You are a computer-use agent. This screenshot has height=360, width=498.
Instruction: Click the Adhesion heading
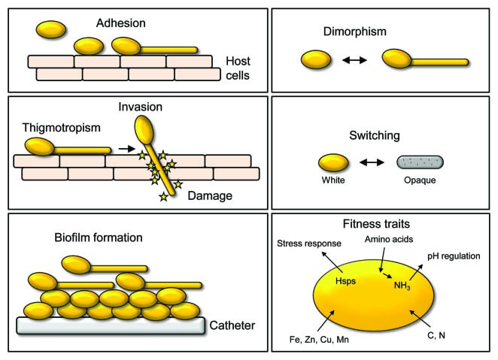121,23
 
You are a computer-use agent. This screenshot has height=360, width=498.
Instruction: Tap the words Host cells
238,68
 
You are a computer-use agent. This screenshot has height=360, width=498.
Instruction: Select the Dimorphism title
355,32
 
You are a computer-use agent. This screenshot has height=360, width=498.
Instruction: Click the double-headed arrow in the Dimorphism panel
354,59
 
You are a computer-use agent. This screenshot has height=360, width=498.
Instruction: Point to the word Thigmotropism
61,128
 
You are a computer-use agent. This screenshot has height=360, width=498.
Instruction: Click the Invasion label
141,107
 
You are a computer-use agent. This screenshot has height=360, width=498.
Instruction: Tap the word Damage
210,195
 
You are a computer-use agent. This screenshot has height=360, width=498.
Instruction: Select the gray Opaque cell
420,162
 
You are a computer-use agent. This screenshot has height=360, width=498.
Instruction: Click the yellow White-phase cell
333,162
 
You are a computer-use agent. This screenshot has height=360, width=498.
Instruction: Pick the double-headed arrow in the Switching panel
372,162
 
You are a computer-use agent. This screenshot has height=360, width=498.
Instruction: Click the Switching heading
375,135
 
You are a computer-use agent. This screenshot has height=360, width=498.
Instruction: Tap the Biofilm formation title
99,237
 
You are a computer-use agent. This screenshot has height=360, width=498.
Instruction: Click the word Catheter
232,325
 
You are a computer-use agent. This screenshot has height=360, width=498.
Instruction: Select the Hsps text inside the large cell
345,281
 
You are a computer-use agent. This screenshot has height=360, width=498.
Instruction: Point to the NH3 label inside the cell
402,286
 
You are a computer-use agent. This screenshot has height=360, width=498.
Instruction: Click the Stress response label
309,244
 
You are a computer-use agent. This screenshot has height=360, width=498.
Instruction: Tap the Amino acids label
389,239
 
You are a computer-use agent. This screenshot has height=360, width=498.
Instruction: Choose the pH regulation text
454,256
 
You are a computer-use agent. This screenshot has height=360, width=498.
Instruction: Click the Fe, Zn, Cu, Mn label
319,340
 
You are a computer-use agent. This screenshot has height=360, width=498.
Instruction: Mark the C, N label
436,335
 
